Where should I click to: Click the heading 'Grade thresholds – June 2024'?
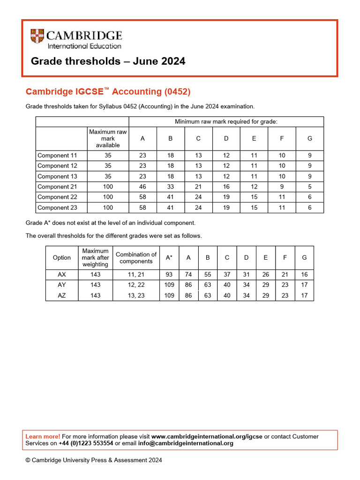coord(108,61)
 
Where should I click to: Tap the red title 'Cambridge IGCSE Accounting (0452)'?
coord(108,91)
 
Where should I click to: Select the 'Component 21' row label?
coord(57,187)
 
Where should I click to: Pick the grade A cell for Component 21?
coord(142,187)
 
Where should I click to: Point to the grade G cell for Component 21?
coord(309,187)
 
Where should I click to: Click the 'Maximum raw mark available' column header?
coord(108,138)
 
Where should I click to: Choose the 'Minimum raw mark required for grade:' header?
coord(226,121)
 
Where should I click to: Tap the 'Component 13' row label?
coord(57,176)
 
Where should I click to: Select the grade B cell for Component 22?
coord(171,197)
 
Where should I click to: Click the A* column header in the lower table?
coord(169,257)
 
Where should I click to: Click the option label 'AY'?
coord(62,285)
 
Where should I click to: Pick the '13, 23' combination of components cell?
coord(136,295)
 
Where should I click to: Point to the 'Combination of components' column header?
coord(136,257)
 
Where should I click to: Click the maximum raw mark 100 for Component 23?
coord(108,208)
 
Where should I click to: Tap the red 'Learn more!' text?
coord(43,436)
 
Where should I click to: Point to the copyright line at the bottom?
coord(94,460)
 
